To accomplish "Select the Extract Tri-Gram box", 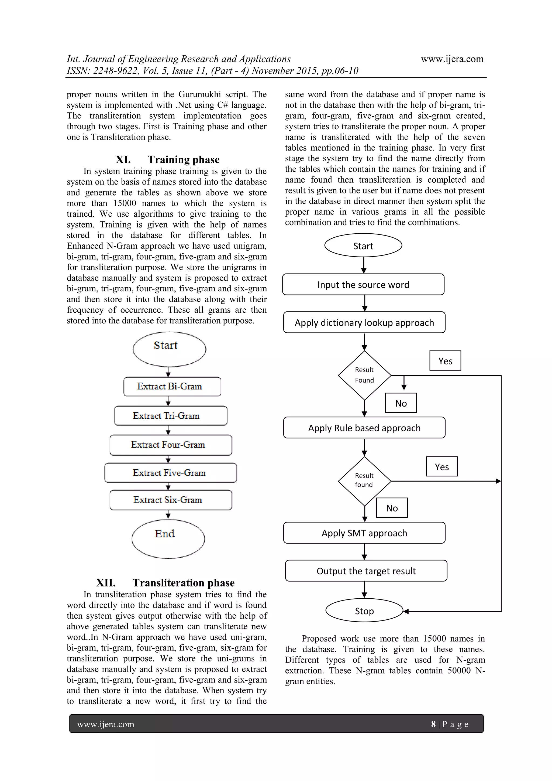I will pos(171,416).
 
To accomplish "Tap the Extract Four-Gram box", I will pos(171,445).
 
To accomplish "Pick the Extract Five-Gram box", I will pos(171,473).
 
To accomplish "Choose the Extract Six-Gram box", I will pos(171,500).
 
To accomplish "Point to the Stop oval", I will pos(364,611).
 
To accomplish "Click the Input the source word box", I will pos(363,285).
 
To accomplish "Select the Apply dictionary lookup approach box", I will pos(364,322).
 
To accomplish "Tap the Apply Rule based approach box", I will pos(364,428).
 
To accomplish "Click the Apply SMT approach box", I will pos(364,533).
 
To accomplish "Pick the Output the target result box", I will pos(366,571).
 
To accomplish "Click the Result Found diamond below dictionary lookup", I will pos(364,375).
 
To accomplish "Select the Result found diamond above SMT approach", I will pos(364,481).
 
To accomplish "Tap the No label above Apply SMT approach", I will pos(392,508).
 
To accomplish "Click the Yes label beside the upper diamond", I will pos(445,361).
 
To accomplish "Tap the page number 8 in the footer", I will pos(433,724).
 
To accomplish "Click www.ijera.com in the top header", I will pos(452,59).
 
